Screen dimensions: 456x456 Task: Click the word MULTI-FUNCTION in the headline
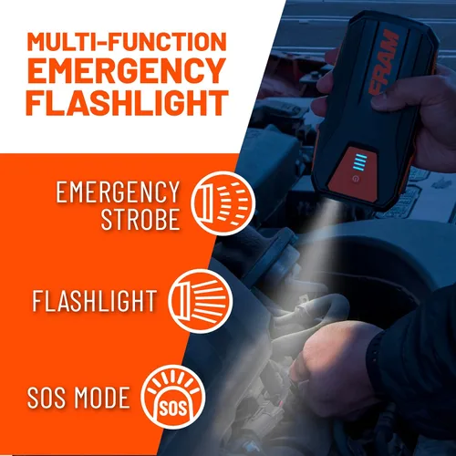point(127,41)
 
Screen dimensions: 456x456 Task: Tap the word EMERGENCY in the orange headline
point(127,71)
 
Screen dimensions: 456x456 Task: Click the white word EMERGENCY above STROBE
point(118,192)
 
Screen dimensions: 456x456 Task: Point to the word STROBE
point(140,220)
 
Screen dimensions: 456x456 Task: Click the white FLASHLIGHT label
point(95,300)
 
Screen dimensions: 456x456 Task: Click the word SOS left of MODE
point(48,398)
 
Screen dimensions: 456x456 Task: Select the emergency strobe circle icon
point(223,203)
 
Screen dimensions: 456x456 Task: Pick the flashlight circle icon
point(201,301)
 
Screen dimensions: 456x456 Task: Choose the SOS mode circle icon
point(174,398)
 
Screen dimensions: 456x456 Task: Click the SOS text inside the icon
point(172,409)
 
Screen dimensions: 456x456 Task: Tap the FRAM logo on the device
point(384,62)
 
